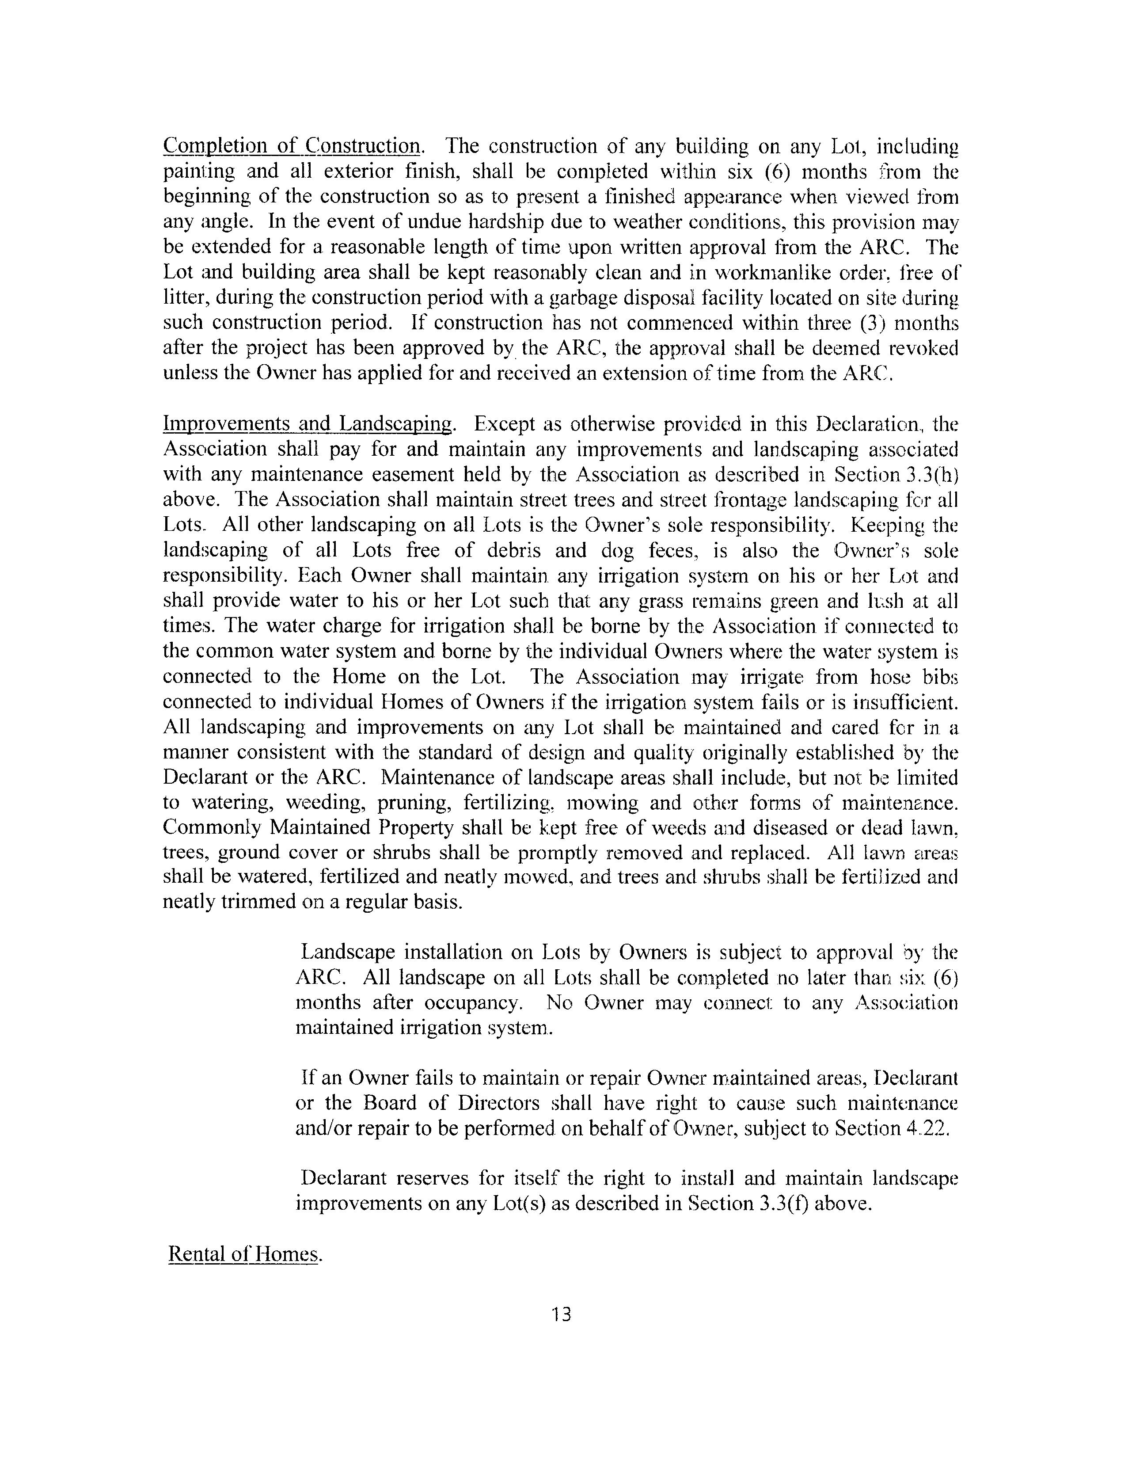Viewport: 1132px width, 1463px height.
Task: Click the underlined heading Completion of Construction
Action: (292, 146)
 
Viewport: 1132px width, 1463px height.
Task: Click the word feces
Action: (680, 551)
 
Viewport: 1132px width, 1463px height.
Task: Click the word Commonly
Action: (211, 828)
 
